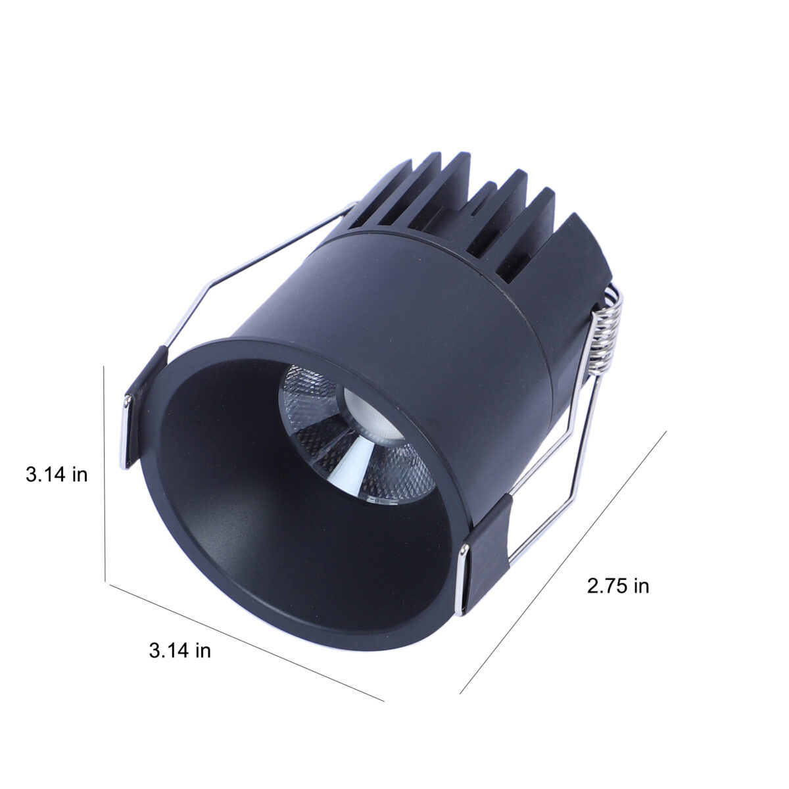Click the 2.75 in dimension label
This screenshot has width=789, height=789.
tap(618, 586)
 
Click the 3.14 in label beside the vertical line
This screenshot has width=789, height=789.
tap(57, 475)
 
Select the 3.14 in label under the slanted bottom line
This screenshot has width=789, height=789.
tap(179, 651)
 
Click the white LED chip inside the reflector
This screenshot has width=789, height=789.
tap(371, 414)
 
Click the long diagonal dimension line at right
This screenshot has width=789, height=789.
tap(563, 562)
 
